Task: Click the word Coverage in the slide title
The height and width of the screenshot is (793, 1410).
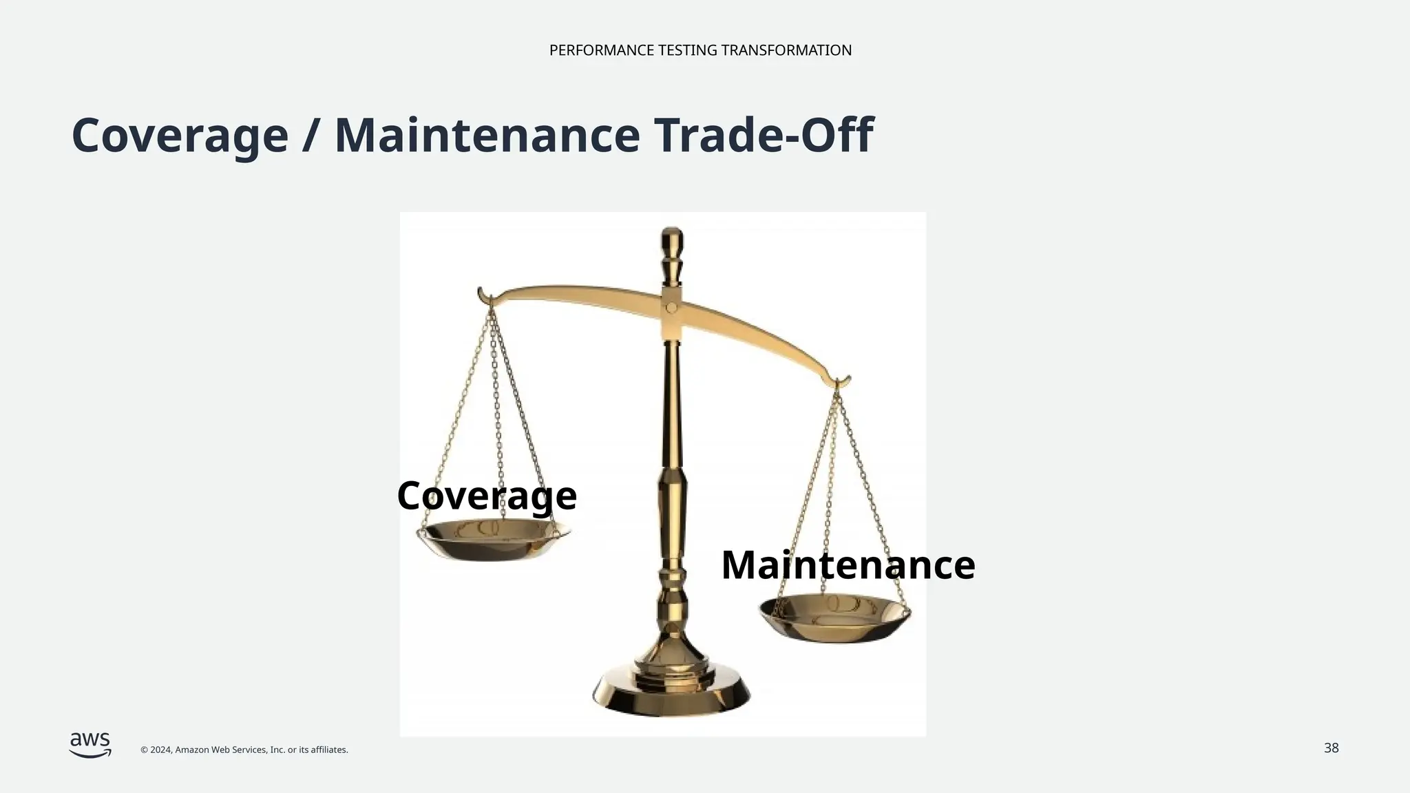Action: (x=180, y=135)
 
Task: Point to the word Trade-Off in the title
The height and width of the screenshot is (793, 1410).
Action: (x=764, y=135)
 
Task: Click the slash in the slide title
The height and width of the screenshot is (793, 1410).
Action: (x=311, y=135)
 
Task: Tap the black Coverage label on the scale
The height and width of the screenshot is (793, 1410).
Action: (x=487, y=496)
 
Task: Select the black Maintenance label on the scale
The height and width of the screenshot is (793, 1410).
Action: (x=848, y=565)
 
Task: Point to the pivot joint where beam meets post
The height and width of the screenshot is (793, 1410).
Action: (x=671, y=308)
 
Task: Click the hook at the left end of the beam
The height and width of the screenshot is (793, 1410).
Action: (x=484, y=296)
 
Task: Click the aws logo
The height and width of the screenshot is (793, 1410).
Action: (x=90, y=745)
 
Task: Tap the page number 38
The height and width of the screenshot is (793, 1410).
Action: (x=1331, y=748)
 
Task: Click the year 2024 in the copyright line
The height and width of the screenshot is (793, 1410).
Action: (x=160, y=750)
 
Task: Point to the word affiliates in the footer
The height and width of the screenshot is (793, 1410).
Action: (x=328, y=750)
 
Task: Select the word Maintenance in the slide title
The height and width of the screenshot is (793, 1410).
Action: (x=487, y=135)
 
